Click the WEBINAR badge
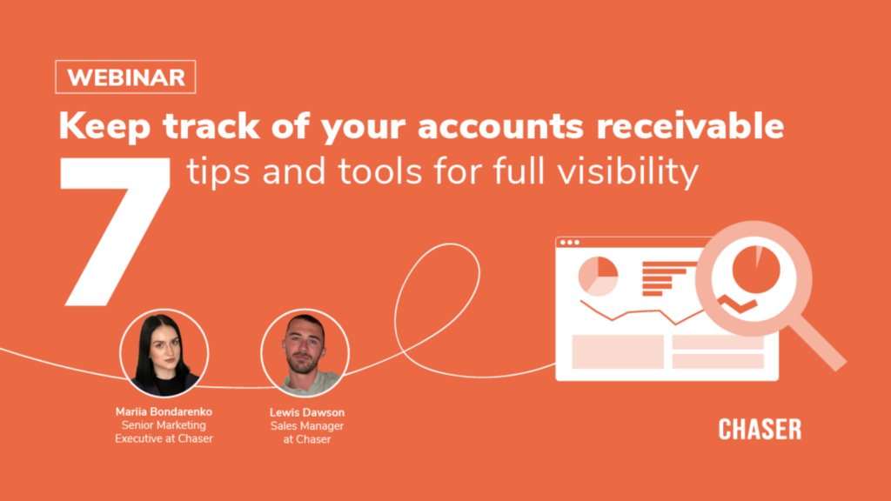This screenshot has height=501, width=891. coord(125,77)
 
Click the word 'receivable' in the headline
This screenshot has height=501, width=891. coord(690,125)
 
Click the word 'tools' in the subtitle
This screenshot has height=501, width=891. coord(380,171)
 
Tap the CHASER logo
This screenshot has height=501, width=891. coord(760,430)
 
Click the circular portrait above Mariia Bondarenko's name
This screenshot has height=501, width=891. coord(164,353)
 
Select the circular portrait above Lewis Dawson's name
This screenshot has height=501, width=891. coord(305,353)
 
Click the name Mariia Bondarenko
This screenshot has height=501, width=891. coord(164,411)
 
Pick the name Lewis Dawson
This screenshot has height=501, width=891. coord(307,412)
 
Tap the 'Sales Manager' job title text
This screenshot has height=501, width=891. coord(307,426)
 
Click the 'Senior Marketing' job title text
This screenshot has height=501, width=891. coord(164,425)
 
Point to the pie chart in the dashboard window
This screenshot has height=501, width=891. coord(598,276)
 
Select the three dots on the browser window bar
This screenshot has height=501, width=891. coord(569,243)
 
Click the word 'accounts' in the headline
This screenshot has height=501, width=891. coord(500,126)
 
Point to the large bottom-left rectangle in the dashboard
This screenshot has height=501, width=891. coord(618,351)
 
